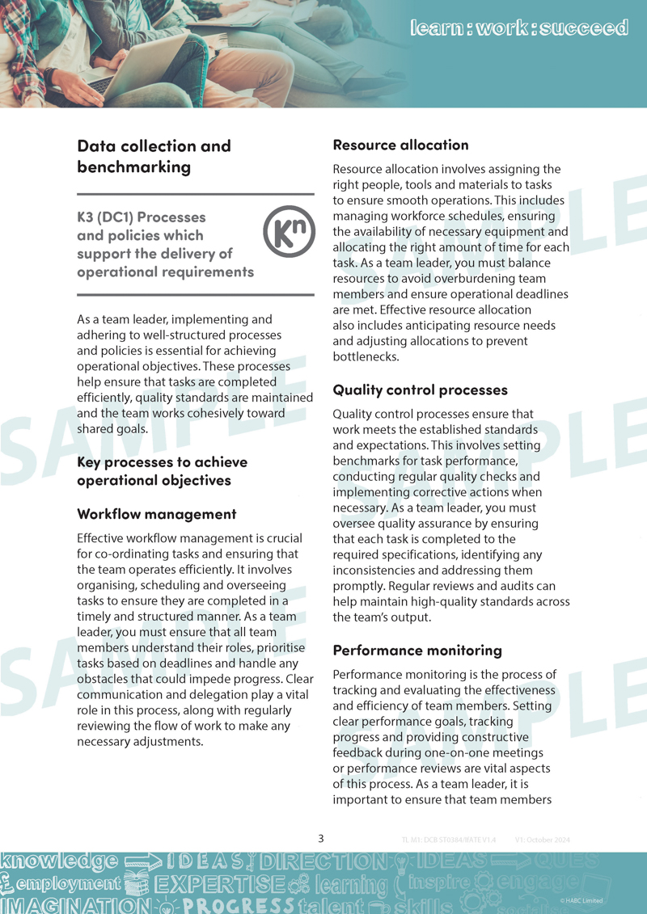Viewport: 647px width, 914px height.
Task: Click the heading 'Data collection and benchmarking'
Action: (154, 156)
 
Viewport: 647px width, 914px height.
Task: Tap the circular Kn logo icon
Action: (289, 231)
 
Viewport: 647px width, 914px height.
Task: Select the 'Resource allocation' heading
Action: (400, 145)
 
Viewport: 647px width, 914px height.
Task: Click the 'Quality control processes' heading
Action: (420, 390)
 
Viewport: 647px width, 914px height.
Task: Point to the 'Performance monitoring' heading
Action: (417, 650)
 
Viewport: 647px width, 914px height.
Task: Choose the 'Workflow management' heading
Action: (156, 513)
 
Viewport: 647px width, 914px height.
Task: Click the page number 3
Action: (321, 838)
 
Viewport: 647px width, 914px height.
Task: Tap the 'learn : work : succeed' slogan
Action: (518, 28)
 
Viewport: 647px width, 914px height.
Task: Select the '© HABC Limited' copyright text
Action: (581, 900)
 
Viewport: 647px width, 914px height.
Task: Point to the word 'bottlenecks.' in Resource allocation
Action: (366, 356)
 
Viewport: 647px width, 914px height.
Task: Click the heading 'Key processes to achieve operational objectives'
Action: (162, 470)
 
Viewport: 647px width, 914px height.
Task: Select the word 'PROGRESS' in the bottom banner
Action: (238, 904)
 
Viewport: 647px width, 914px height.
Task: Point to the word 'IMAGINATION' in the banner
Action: (65, 904)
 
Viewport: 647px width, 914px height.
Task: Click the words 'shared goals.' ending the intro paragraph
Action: (112, 429)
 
